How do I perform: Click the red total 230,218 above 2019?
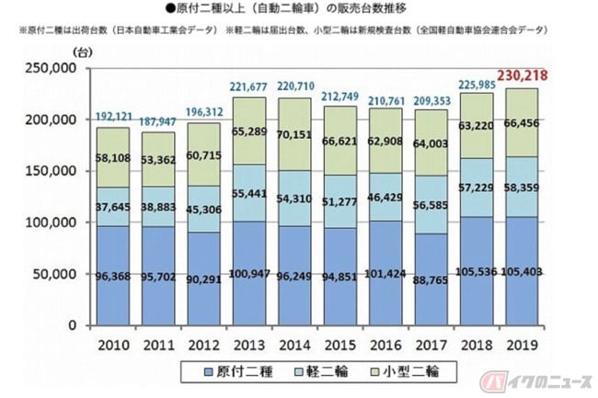click(522, 75)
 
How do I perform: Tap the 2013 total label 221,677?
click(248, 86)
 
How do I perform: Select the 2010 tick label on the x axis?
click(113, 345)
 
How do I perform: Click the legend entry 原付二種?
click(238, 371)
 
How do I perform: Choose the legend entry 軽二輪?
click(321, 371)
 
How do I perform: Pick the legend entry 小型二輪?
click(405, 371)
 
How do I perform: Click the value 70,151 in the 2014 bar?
click(294, 135)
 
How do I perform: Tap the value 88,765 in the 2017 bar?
click(431, 280)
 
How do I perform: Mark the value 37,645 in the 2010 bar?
click(113, 207)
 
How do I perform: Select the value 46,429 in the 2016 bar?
click(385, 198)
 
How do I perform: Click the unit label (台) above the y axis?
click(83, 52)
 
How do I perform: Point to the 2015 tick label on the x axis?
click(339, 345)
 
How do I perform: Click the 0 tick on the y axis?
click(73, 325)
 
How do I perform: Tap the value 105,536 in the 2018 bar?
click(476, 271)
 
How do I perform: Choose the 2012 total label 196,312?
click(204, 112)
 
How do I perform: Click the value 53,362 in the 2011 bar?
click(158, 160)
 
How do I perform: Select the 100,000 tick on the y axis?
click(51, 222)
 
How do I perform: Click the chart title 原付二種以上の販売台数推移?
click(286, 8)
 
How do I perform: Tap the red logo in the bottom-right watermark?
click(493, 381)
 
